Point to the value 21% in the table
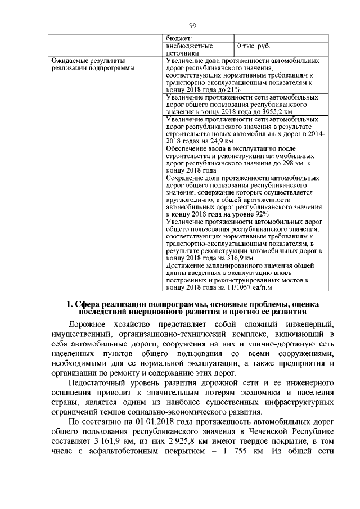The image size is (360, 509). pyautogui.click(x=233, y=89)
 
